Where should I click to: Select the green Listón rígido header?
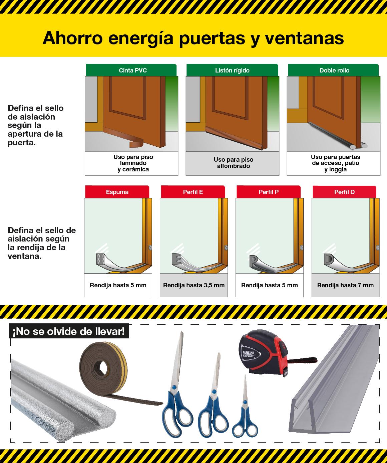click(x=232, y=70)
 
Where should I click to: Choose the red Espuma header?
click(x=117, y=192)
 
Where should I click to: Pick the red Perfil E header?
click(x=193, y=192)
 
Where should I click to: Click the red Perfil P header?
click(x=269, y=192)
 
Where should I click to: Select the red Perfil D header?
click(x=344, y=192)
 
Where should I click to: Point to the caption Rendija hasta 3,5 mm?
click(x=194, y=285)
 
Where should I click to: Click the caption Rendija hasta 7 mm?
click(x=345, y=285)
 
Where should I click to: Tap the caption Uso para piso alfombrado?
click(x=234, y=163)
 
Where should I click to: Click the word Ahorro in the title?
click(x=73, y=38)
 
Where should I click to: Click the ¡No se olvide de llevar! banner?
click(x=69, y=331)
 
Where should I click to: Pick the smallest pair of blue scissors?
click(x=245, y=406)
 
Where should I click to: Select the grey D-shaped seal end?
click(x=329, y=259)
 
